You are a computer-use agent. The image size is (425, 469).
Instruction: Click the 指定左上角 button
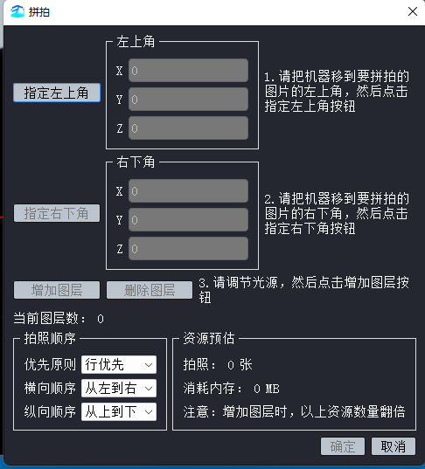tap(57, 93)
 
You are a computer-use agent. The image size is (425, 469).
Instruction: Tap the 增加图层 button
tap(57, 290)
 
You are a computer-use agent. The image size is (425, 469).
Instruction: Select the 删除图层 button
tap(150, 290)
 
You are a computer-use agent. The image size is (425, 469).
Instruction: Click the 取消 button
tap(394, 446)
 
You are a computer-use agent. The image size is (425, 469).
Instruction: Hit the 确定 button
tap(343, 446)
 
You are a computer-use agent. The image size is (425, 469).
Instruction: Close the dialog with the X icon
tap(413, 11)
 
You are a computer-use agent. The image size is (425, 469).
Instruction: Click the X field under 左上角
tap(188, 71)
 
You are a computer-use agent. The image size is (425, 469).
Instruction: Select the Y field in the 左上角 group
tap(188, 100)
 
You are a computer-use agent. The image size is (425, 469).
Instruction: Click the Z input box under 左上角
tap(188, 128)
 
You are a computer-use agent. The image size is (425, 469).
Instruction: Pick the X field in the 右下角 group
tap(188, 190)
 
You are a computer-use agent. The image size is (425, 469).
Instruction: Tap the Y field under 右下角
tap(188, 220)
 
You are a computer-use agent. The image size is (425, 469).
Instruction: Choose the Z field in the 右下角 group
tap(188, 249)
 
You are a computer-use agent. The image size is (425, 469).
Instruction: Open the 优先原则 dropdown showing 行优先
tap(119, 364)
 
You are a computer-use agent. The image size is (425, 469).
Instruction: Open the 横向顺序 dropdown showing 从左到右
tap(119, 389)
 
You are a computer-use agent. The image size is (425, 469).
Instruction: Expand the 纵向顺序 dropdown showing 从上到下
tap(119, 412)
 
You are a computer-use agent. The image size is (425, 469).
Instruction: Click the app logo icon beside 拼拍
tap(17, 11)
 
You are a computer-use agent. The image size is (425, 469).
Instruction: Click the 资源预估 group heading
tap(209, 338)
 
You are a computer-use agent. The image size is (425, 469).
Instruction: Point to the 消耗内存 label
tap(212, 389)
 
